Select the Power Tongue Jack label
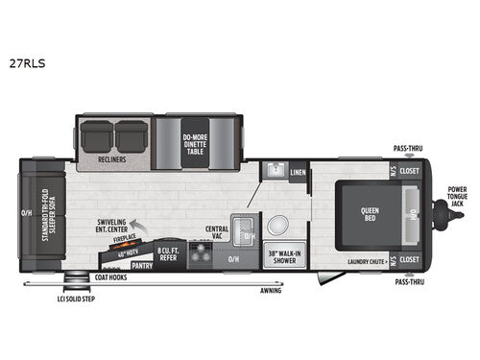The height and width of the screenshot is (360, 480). tap(457, 196)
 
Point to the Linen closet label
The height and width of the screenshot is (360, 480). tap(298, 173)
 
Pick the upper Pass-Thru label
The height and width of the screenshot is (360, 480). tap(408, 149)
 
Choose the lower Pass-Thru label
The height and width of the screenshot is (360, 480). tap(408, 282)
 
